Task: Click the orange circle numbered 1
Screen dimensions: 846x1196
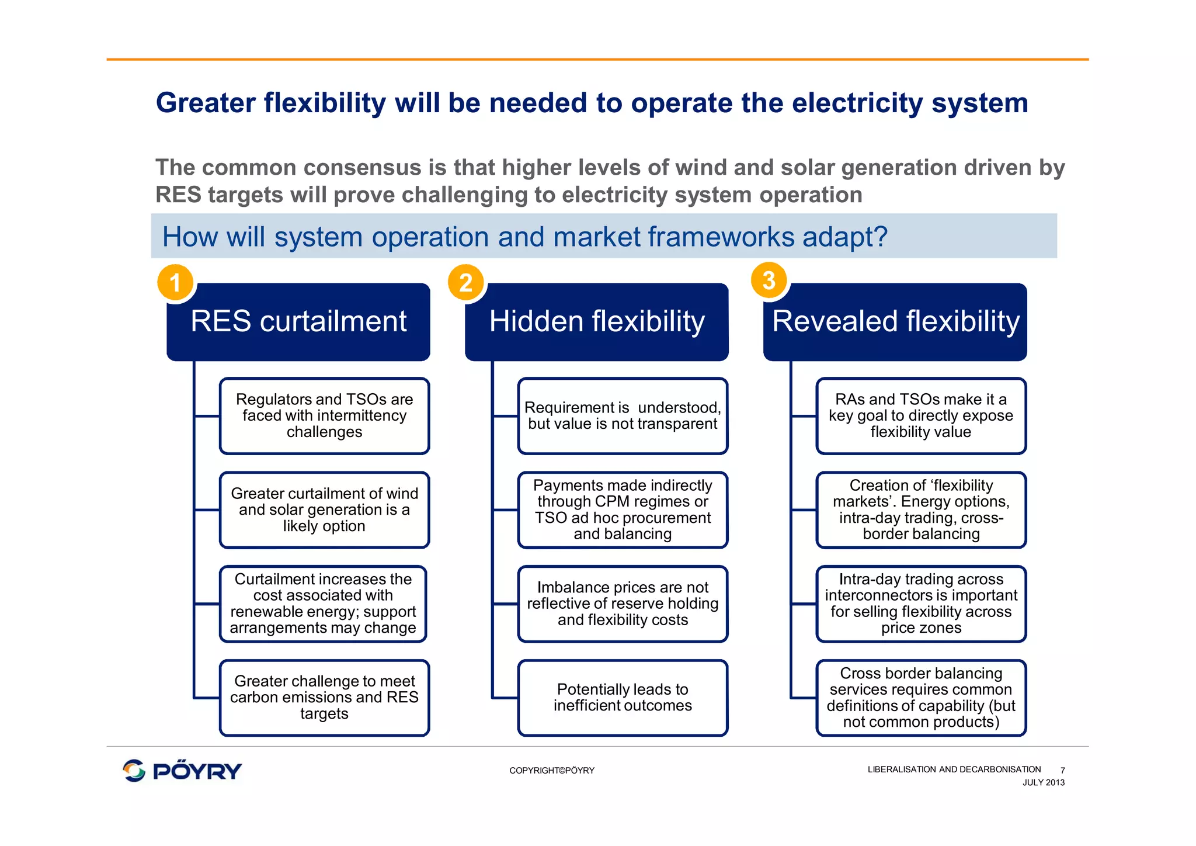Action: coord(175,282)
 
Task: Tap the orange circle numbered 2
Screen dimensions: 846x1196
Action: coord(465,282)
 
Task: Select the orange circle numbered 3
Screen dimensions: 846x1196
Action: coord(769,280)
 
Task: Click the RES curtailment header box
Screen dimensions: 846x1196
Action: coord(298,322)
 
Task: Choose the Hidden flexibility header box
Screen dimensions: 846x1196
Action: coord(597,322)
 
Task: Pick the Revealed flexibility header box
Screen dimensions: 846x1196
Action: coord(895,322)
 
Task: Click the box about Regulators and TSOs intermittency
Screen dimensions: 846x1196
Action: coord(324,416)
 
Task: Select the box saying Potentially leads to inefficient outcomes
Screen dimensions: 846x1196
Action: coord(623,698)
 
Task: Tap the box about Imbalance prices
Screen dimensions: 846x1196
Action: coord(623,604)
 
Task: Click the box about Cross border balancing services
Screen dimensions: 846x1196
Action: coord(921,698)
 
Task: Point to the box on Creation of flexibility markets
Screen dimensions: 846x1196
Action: coord(921,509)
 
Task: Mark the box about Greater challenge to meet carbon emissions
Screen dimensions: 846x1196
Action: coord(324,698)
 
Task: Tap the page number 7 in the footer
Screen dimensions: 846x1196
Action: coord(1062,770)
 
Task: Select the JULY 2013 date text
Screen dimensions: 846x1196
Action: coord(1043,783)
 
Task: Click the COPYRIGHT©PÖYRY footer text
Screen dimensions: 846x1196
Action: coord(552,771)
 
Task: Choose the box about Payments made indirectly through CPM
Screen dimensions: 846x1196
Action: coord(623,509)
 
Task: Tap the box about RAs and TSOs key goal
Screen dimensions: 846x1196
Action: coord(921,416)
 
